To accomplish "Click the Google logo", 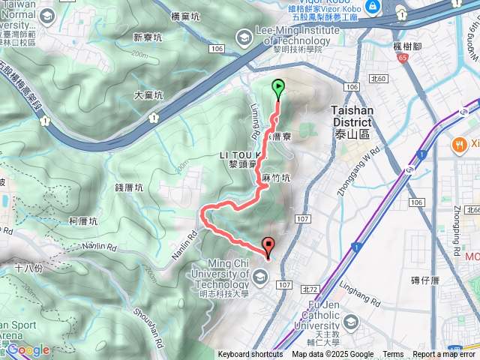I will (x=28, y=349).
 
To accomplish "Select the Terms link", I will (x=392, y=355).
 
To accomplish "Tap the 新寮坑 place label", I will (x=148, y=37).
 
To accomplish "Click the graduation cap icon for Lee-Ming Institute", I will (x=244, y=36).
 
